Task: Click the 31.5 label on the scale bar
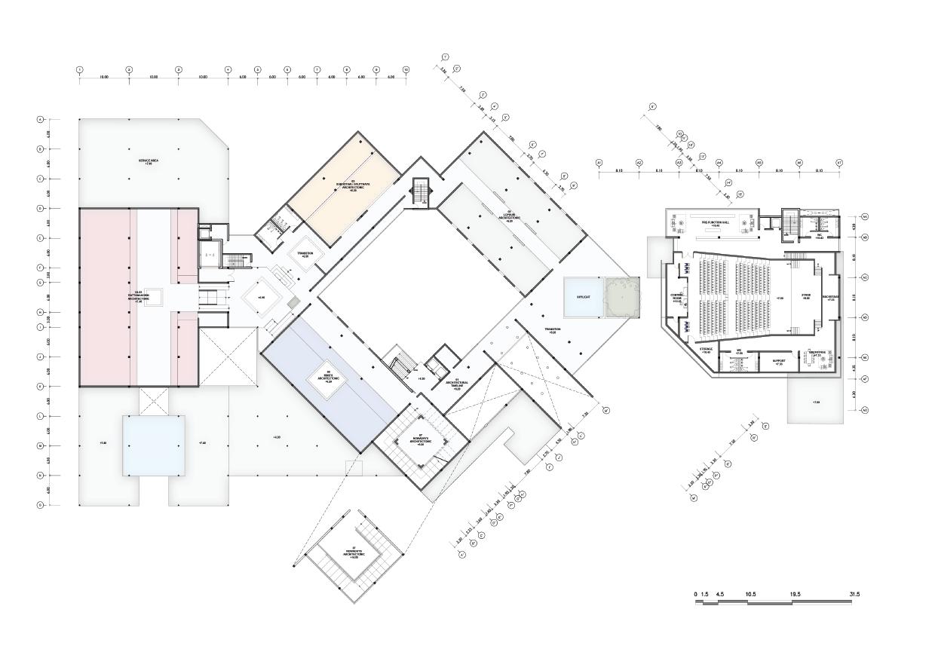(854, 595)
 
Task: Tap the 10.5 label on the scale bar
(750, 595)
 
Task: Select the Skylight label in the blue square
(583, 297)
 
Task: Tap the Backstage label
(829, 298)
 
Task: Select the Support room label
(779, 362)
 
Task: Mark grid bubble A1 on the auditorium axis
(599, 163)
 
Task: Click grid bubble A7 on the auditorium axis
(838, 163)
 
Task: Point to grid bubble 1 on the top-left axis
(79, 70)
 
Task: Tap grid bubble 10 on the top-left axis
(406, 70)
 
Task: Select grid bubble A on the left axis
(40, 120)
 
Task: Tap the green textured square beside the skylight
(622, 297)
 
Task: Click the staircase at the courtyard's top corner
(420, 191)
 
